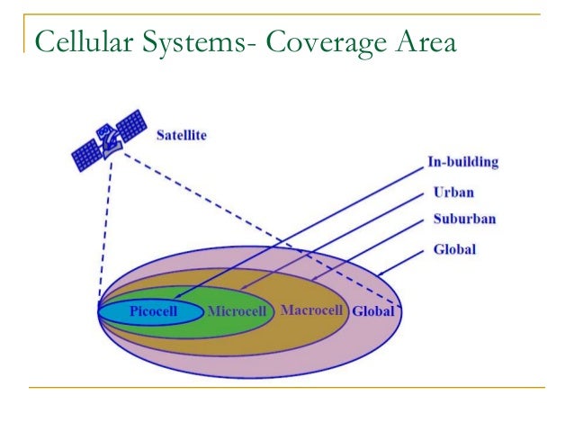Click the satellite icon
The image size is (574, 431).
109,140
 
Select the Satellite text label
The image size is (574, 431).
181,135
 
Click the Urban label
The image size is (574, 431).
453,192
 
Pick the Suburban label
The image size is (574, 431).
464,219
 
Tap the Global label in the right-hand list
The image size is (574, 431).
454,249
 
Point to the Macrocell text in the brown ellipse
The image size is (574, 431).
312,311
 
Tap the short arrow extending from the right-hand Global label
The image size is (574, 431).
401,264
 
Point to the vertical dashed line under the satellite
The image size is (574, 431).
105,234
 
